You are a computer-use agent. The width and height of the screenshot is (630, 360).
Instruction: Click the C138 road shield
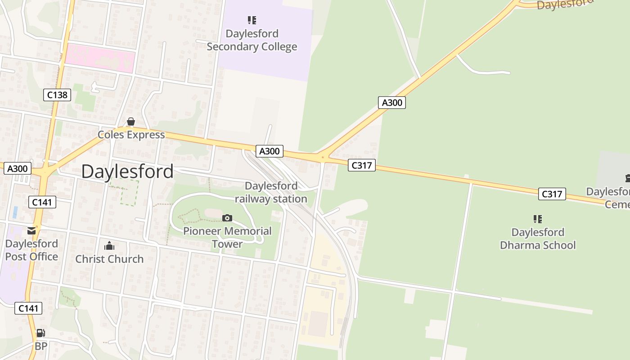point(57,95)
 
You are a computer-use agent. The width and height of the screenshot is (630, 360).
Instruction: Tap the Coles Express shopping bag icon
point(130,122)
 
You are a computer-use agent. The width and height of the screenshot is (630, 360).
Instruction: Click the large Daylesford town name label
point(127,171)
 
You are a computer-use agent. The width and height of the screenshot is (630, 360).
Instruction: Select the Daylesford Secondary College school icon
point(252,20)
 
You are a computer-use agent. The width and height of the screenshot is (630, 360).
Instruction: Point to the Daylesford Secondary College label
point(252,40)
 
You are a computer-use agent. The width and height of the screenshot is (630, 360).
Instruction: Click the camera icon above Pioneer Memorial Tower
point(227,218)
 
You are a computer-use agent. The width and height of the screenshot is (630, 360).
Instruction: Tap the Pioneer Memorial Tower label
point(227,237)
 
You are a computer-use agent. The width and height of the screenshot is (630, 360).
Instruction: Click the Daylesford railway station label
point(271,192)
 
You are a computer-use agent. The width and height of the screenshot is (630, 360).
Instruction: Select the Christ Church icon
point(109,246)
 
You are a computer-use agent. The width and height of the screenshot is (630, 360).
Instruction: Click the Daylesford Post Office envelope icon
point(31,231)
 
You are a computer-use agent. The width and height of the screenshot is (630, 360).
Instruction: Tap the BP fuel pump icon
point(40,333)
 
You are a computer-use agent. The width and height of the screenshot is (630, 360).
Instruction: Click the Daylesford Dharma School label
point(538,238)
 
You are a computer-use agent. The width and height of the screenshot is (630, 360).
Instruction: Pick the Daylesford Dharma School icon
point(537,219)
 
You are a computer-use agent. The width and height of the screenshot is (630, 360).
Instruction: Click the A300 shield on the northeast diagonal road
point(391,103)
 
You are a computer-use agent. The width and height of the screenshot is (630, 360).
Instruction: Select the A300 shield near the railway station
point(269,151)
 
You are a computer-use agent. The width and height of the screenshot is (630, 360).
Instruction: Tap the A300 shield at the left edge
point(18,169)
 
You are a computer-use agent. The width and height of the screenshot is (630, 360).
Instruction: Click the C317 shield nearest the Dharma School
point(552,194)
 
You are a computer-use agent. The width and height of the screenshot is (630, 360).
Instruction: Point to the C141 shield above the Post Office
point(42,202)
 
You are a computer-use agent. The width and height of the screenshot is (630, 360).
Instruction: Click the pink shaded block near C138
point(100,59)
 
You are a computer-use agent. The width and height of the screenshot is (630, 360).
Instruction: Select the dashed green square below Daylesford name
point(124,193)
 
